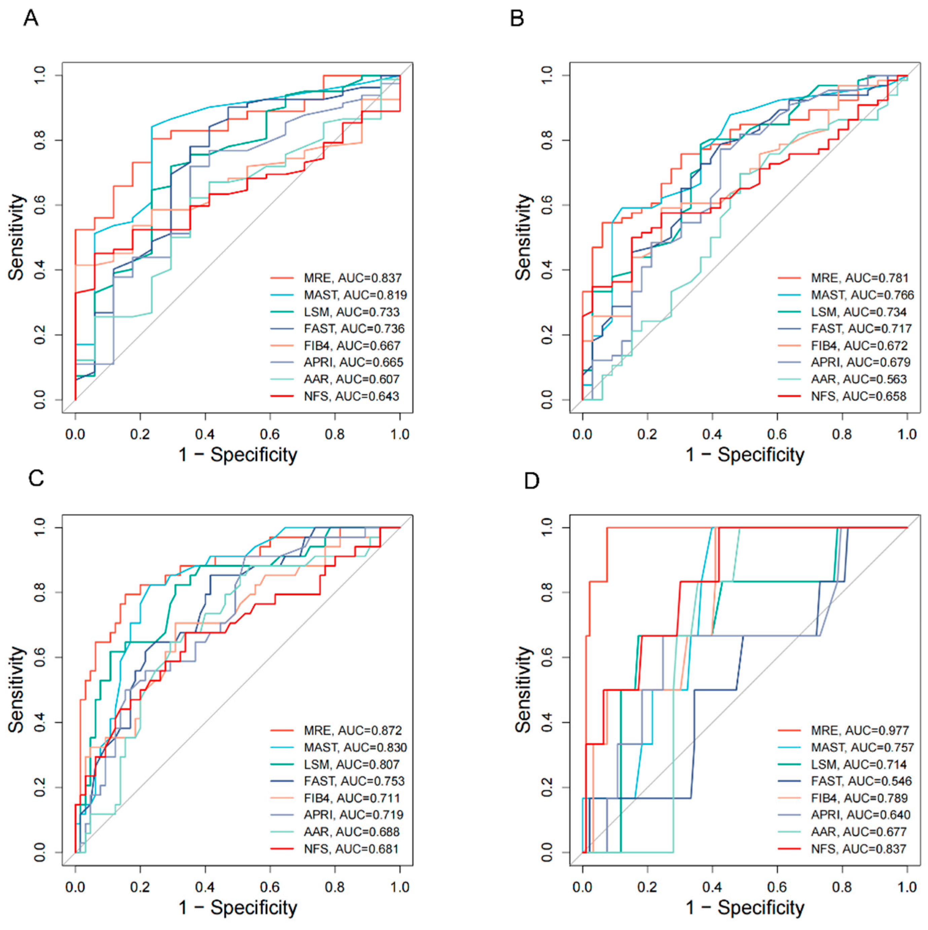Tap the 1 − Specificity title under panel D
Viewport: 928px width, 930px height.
[745, 907]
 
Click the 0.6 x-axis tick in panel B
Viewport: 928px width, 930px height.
[777, 434]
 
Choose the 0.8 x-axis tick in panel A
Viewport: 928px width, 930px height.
[335, 434]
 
